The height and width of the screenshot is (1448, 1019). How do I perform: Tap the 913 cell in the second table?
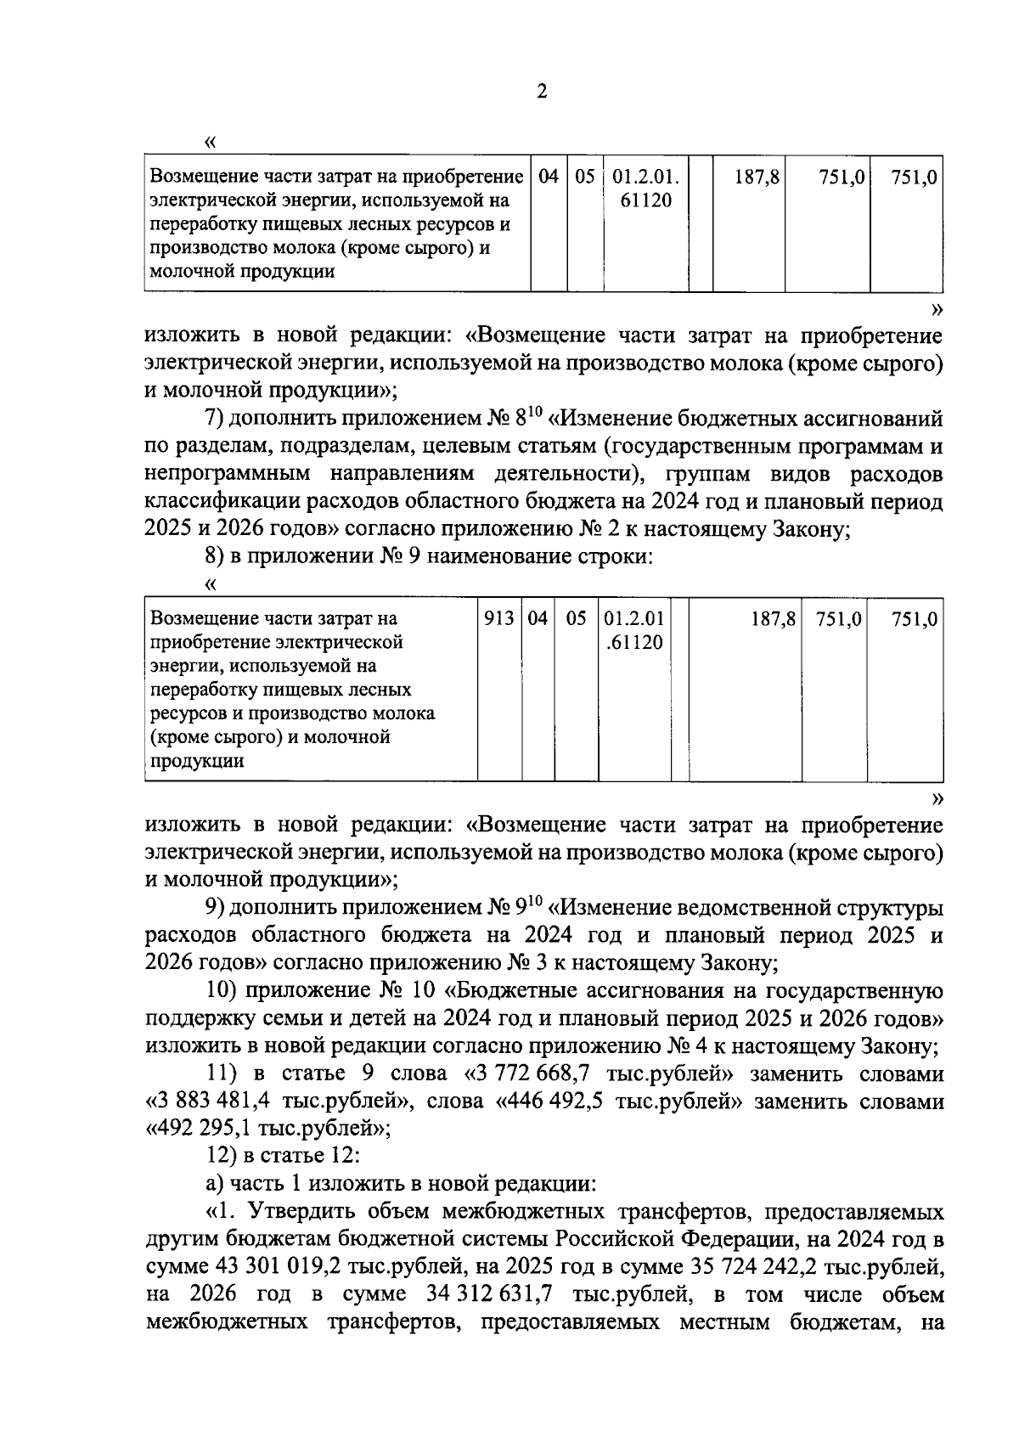click(x=498, y=619)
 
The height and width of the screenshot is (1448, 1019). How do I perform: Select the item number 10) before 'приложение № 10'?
click(x=224, y=991)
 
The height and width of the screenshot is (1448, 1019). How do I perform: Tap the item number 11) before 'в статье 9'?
click(x=224, y=1074)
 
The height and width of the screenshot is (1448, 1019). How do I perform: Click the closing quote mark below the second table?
click(x=937, y=797)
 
